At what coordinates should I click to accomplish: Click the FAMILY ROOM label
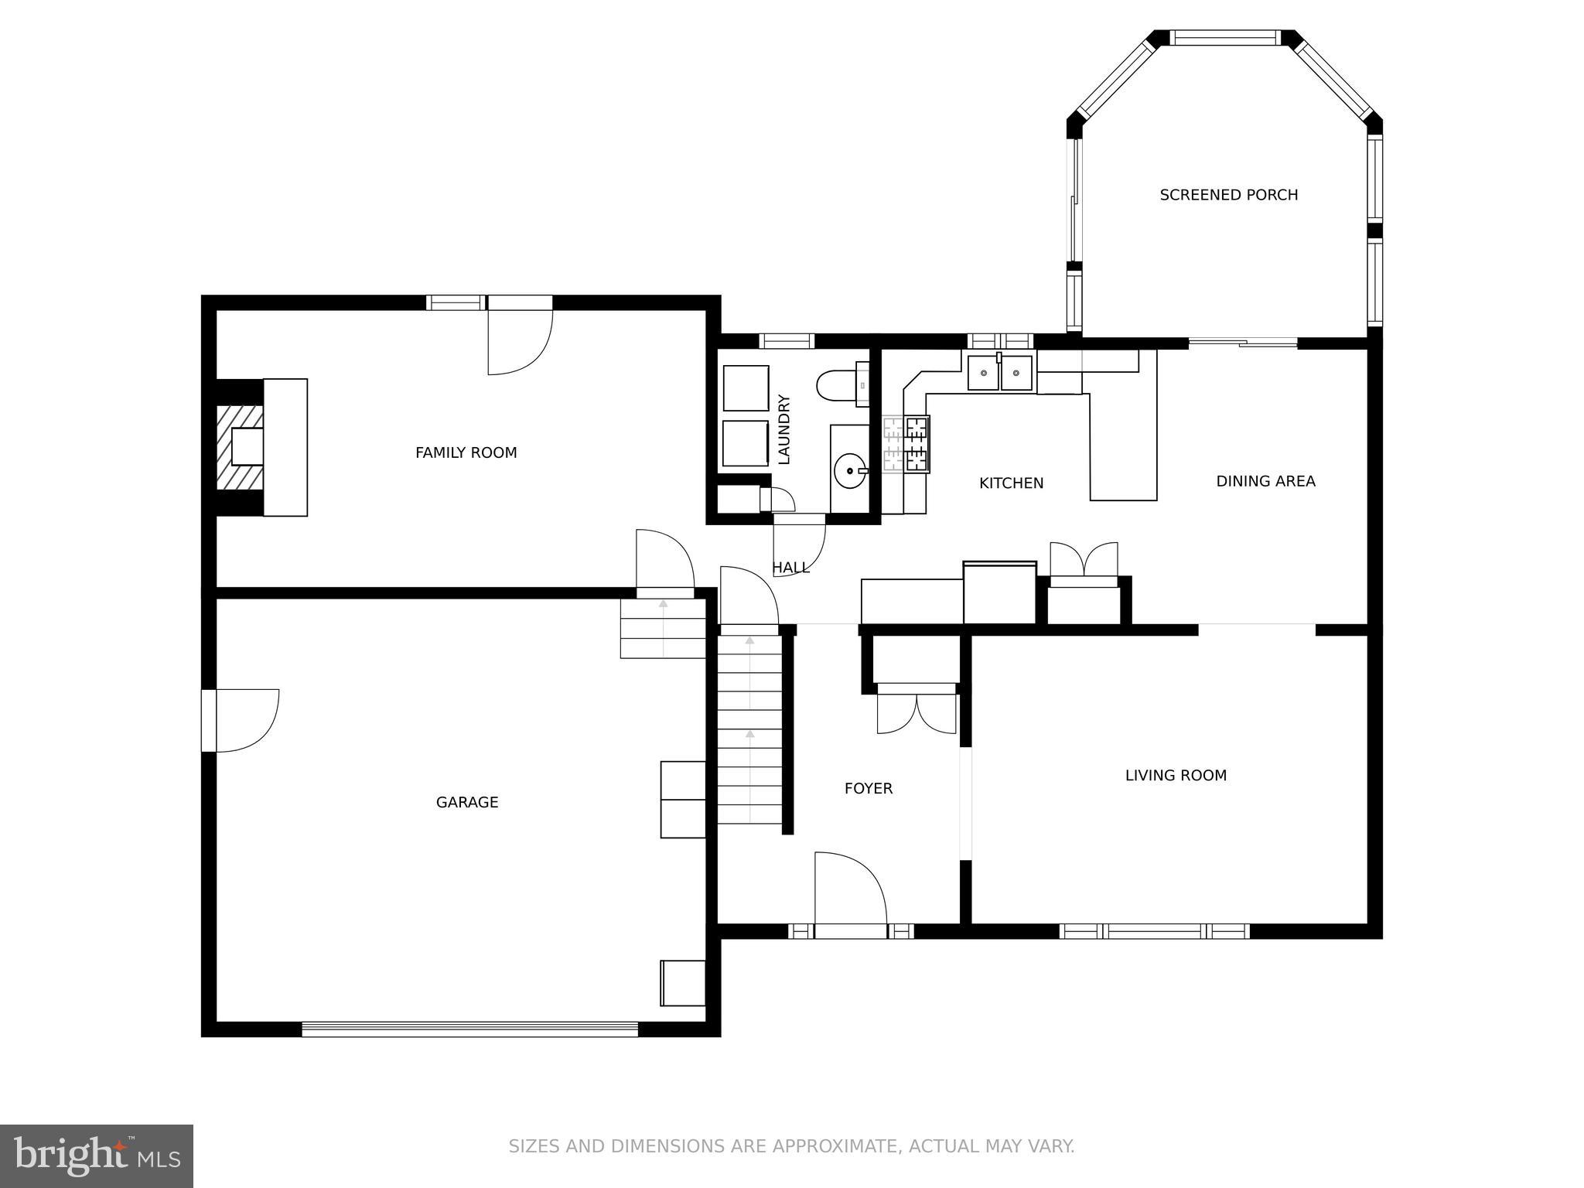(466, 452)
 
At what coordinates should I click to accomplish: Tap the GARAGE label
(467, 802)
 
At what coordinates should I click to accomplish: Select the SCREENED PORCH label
(1228, 195)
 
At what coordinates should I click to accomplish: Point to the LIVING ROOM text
(1176, 775)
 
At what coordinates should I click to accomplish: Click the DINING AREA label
(1265, 481)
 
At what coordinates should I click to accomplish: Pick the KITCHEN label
(1011, 483)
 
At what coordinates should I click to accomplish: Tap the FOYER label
(868, 788)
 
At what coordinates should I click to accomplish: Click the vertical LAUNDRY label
(783, 429)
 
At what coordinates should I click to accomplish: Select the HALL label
(790, 568)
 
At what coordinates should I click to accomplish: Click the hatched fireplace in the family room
(239, 448)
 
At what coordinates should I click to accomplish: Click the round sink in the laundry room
(852, 470)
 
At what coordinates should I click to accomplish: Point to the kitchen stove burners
(906, 444)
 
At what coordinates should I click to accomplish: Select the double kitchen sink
(999, 373)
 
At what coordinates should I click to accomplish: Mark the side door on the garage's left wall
(241, 720)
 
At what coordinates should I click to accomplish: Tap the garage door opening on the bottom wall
(469, 1029)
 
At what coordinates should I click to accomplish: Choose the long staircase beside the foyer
(749, 730)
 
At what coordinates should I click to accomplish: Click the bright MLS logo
(97, 1156)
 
